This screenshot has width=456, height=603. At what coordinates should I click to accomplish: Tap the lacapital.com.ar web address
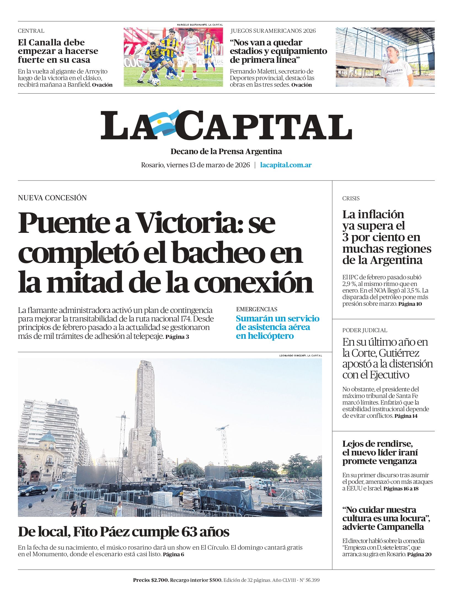tap(286, 165)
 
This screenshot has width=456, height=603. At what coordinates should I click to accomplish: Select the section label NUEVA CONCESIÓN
tap(52, 198)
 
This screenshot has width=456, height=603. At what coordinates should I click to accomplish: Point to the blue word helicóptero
tap(265, 336)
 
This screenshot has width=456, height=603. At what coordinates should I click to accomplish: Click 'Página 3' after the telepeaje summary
tap(177, 337)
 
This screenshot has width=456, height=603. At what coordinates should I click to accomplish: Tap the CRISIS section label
tap(351, 198)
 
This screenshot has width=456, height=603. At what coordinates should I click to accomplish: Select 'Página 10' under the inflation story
tap(410, 304)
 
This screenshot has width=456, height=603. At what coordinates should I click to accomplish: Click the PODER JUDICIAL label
tap(364, 330)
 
